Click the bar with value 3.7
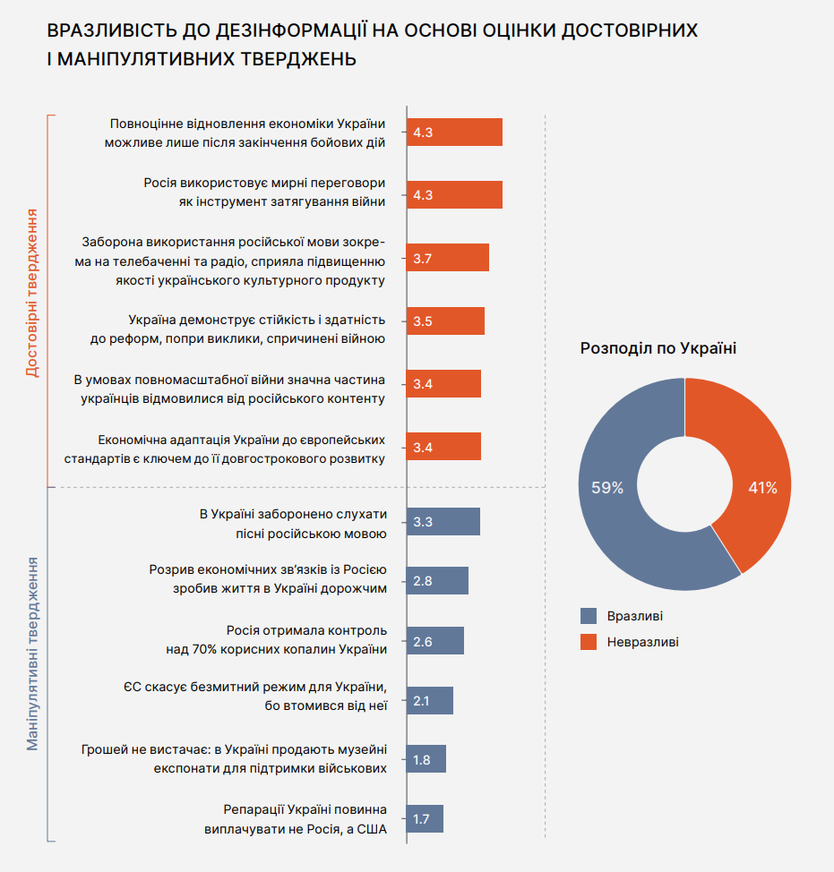click(448, 258)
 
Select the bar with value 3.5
click(445, 321)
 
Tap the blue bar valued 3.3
click(443, 522)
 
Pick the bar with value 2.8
click(437, 580)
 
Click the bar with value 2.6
click(435, 640)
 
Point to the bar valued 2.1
click(430, 700)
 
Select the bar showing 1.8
click(426, 759)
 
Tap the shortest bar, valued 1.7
click(425, 818)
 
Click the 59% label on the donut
click(606, 488)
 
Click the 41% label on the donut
click(762, 488)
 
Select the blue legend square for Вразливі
click(589, 616)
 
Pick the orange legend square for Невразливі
click(589, 642)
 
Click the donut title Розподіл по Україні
click(658, 348)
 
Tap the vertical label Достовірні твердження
click(32, 293)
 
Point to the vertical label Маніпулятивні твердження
click(32, 653)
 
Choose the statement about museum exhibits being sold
click(234, 759)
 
